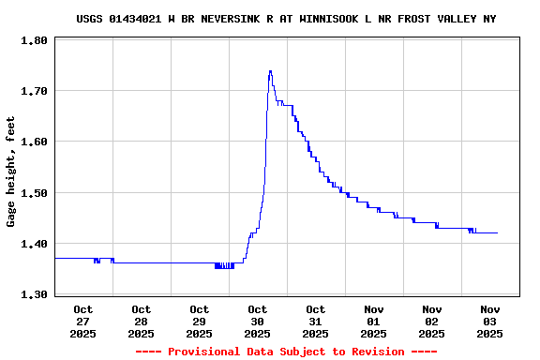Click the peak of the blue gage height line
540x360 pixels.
(270, 71)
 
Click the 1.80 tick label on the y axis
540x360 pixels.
(34, 41)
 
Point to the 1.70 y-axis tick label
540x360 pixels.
(34, 92)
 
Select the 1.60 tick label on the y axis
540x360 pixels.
(34, 142)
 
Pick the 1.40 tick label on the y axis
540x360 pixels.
(34, 245)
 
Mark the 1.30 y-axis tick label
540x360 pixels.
(34, 295)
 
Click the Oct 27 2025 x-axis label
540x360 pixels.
(83, 321)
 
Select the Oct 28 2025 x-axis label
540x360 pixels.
(142, 321)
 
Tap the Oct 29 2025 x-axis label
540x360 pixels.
(200, 321)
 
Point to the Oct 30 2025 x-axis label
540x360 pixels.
(258, 321)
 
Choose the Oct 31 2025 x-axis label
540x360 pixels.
(316, 321)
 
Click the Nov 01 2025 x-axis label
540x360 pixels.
(374, 321)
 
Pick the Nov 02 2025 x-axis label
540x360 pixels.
(432, 321)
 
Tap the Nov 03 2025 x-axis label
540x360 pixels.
(490, 321)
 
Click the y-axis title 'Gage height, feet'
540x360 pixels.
(11, 172)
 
